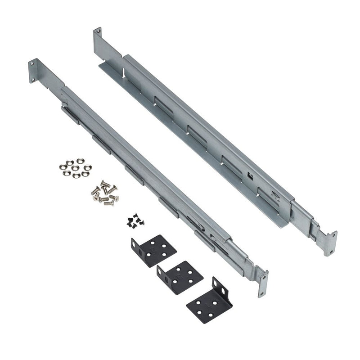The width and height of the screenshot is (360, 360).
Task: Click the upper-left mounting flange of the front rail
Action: point(33,71)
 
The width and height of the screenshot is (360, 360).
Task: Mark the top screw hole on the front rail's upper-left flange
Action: point(32,63)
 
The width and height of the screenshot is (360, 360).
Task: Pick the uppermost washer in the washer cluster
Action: point(80,160)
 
